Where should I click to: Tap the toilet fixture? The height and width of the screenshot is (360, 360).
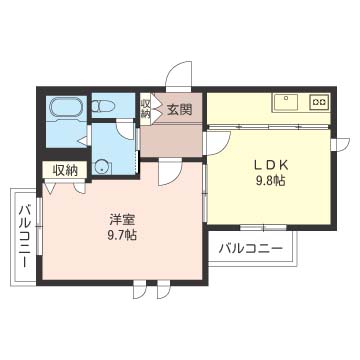click(x=104, y=103)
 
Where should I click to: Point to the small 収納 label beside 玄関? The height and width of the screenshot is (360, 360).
click(x=146, y=107)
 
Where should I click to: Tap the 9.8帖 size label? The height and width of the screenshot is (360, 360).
click(x=270, y=181)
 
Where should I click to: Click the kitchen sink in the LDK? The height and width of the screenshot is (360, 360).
click(x=284, y=101)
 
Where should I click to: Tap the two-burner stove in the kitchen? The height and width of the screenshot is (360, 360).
click(x=319, y=101)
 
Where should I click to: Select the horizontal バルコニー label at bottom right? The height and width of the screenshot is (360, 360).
click(x=249, y=247)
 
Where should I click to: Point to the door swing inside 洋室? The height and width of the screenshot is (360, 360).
click(x=170, y=173)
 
